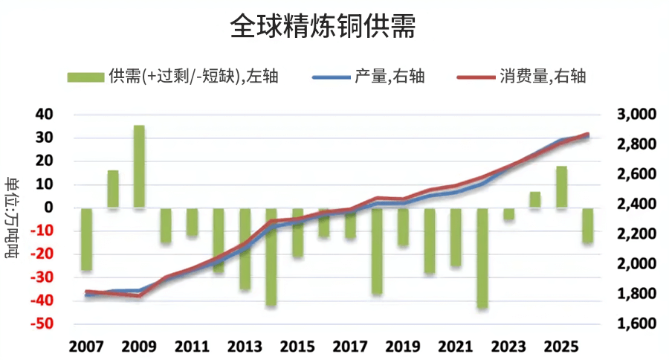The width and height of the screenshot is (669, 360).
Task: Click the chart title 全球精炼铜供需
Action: pos(323,28)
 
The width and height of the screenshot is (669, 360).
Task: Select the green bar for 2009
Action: pos(139,167)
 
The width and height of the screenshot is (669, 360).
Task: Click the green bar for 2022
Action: pos(482,257)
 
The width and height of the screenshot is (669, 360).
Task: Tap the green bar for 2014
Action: pos(271,257)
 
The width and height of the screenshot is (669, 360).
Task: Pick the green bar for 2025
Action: pos(562,187)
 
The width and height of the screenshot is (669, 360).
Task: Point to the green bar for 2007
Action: pos(87,239)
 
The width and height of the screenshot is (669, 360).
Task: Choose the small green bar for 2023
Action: pos(508,214)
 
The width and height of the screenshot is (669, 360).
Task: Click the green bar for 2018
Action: pos(377,251)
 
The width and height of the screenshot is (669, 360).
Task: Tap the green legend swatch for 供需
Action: pos(85,77)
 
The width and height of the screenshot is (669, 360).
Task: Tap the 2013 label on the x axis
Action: pos(245,347)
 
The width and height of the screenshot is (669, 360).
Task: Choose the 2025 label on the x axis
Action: pos(562,347)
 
